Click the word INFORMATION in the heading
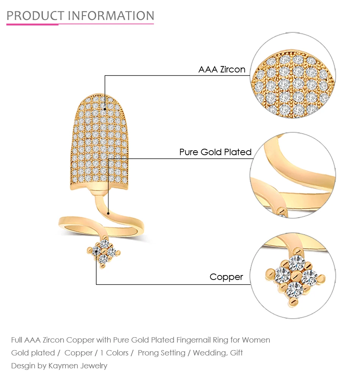(111, 16)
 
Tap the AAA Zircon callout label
(222, 69)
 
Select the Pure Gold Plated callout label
(215, 152)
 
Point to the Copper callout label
(226, 277)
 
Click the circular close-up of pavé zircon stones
(293, 75)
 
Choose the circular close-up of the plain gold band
(293, 175)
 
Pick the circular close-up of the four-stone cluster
(293, 275)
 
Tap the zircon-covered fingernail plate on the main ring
(99, 141)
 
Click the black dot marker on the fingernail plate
(105, 109)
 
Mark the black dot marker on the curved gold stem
(108, 214)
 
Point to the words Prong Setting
(161, 353)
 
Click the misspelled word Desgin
(23, 366)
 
